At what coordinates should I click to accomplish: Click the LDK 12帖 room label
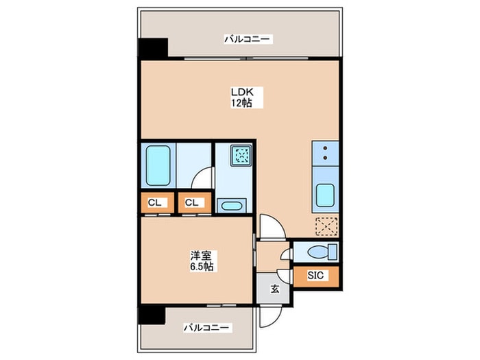pyautogui.click(x=243, y=97)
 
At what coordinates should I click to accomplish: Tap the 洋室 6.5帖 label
pyautogui.click(x=202, y=261)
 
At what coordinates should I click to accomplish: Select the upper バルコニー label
pyautogui.click(x=248, y=39)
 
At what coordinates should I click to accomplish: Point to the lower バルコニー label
pyautogui.click(x=206, y=328)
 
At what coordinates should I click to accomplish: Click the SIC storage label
pyautogui.click(x=315, y=275)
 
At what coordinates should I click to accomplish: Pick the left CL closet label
pyautogui.click(x=154, y=203)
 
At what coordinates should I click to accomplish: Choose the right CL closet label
pyautogui.click(x=192, y=203)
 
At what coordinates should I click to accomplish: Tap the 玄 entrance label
pyautogui.click(x=274, y=289)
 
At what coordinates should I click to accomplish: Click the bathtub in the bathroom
pyautogui.click(x=158, y=166)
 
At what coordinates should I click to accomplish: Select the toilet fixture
pyautogui.click(x=322, y=252)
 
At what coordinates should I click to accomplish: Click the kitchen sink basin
pyautogui.click(x=325, y=195)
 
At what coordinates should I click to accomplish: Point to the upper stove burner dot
pyautogui.click(x=325, y=148)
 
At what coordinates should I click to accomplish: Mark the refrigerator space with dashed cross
pyautogui.click(x=326, y=226)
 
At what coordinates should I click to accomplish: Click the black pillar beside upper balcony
pyautogui.click(x=153, y=48)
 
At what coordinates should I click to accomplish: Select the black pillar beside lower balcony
pyautogui.click(x=152, y=315)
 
